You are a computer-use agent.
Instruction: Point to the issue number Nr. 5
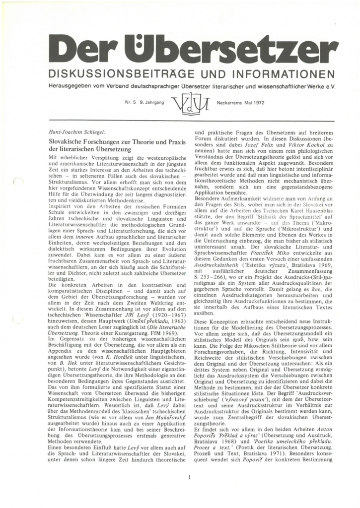point(131,103)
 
